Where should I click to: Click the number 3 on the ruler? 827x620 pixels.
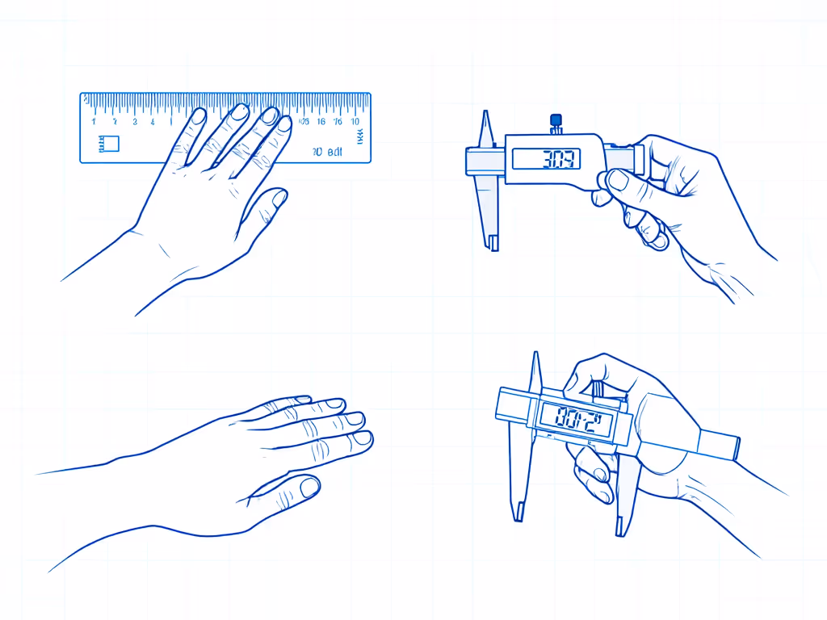pyautogui.click(x=134, y=122)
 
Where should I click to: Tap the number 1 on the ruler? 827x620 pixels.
pyautogui.click(x=94, y=122)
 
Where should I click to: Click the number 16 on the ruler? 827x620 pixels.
pyautogui.click(x=321, y=122)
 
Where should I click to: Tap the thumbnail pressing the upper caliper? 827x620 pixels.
pyautogui.click(x=619, y=179)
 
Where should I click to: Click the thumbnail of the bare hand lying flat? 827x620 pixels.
pyautogui.click(x=309, y=487)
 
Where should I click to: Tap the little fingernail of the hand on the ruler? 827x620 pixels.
pyautogui.click(x=284, y=124)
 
